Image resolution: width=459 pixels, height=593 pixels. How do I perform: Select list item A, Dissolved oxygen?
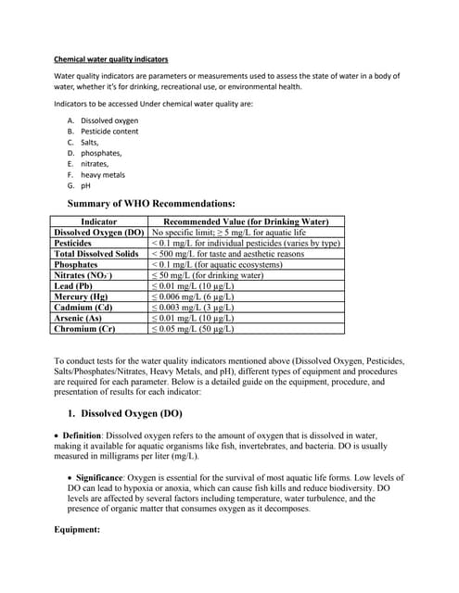click(109, 120)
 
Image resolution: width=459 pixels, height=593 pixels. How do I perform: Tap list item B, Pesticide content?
click(109, 132)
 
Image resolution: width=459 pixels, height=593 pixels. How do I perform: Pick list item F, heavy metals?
click(103, 174)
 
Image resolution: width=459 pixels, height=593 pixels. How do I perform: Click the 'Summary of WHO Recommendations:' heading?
click(151, 204)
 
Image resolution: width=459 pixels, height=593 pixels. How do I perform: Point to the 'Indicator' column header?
click(99, 222)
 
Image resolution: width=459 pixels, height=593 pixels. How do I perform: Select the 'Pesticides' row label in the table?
click(79, 243)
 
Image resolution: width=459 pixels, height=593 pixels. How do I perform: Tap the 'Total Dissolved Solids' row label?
click(96, 254)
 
